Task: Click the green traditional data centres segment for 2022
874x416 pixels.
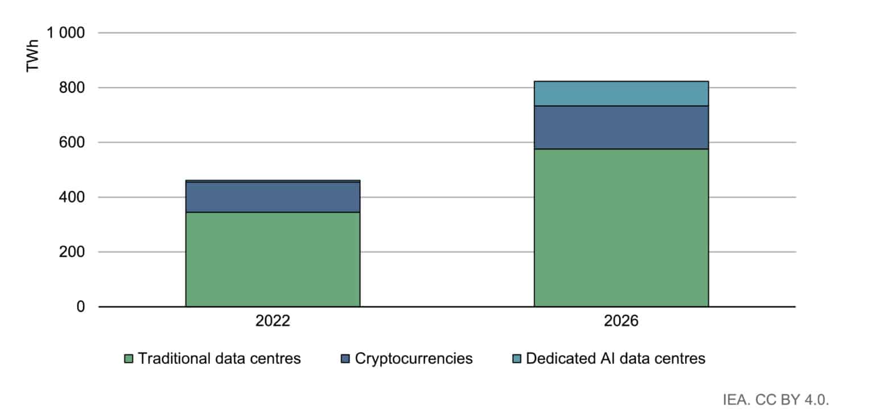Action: click(273, 259)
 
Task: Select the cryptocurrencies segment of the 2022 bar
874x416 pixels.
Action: click(273, 197)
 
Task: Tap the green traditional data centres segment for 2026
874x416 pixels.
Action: click(621, 227)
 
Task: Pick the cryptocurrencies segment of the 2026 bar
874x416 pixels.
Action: click(621, 127)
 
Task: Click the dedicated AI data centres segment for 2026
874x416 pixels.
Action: click(621, 94)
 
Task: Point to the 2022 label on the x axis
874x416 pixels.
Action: click(273, 321)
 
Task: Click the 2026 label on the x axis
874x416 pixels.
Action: click(621, 321)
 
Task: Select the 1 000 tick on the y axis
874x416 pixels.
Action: click(66, 33)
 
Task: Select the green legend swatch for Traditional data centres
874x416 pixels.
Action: click(129, 359)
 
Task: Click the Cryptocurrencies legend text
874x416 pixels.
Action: click(414, 359)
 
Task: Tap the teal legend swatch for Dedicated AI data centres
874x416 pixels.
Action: click(517, 359)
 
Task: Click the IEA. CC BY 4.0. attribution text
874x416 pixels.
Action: click(776, 399)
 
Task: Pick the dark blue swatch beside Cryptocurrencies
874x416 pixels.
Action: click(346, 359)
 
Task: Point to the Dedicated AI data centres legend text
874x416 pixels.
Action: click(616, 359)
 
